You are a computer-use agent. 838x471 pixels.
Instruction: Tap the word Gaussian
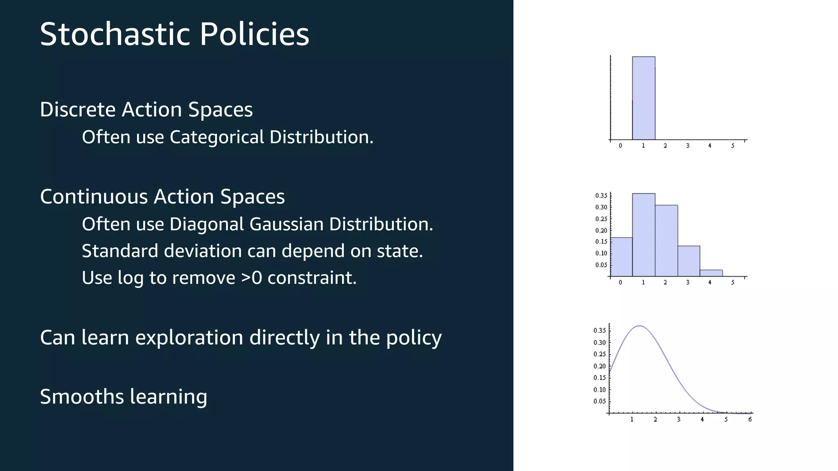(x=286, y=224)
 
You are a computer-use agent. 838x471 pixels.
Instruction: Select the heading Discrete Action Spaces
(x=146, y=110)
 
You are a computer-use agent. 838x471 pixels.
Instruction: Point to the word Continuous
(x=94, y=197)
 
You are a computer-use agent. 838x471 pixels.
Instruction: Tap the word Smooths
(x=81, y=397)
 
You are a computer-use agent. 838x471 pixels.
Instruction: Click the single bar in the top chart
(x=643, y=98)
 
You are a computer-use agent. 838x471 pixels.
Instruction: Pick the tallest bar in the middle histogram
(x=643, y=235)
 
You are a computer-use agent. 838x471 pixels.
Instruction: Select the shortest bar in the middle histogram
(x=711, y=273)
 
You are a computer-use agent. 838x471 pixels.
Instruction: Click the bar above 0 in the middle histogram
(x=621, y=257)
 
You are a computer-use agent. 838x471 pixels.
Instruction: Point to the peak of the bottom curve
(x=639, y=326)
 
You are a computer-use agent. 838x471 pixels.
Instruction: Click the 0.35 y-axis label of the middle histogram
(x=601, y=195)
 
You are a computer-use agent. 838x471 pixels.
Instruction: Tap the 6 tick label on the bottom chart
(x=750, y=419)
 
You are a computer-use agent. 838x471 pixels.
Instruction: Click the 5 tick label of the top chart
(x=732, y=146)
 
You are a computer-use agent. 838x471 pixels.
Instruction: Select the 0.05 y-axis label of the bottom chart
(x=599, y=401)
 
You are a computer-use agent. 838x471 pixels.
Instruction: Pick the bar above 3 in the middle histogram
(x=688, y=261)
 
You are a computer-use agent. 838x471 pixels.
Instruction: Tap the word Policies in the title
(x=254, y=34)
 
